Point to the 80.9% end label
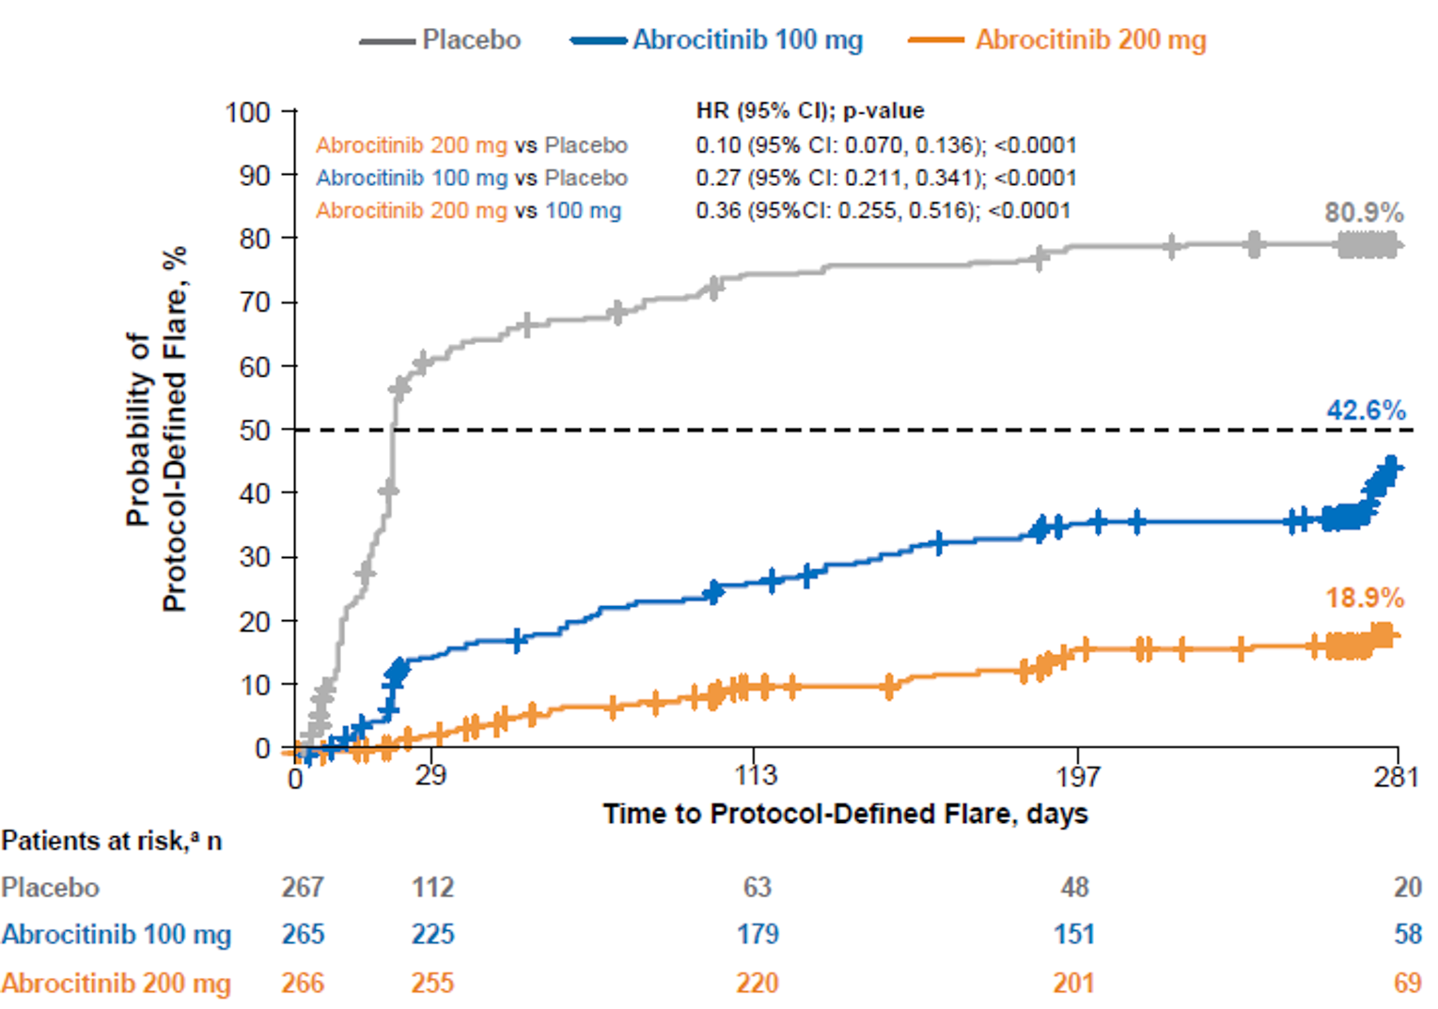tap(1364, 212)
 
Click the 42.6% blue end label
tap(1366, 410)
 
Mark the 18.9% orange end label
tap(1365, 597)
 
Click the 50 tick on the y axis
tap(254, 430)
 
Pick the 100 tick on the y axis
tap(247, 113)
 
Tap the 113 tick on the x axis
tap(756, 775)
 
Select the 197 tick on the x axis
tap(1077, 776)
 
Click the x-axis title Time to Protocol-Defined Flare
tap(845, 814)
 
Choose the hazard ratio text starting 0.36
tap(883, 210)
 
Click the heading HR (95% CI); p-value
tap(809, 111)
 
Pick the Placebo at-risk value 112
tap(432, 887)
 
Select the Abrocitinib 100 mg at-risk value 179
tap(758, 934)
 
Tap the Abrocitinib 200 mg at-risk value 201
tap(1073, 983)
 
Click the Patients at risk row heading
tap(111, 840)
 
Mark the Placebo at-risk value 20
tap(1407, 887)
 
